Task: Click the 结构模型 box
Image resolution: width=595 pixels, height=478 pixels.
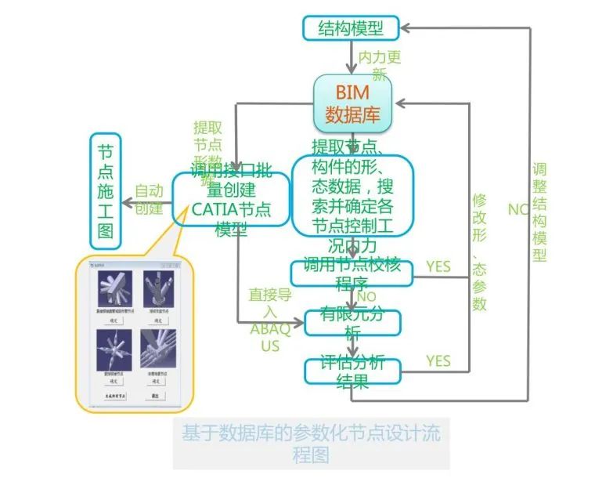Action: tap(351, 28)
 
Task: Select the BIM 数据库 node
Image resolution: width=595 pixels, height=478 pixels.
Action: tap(352, 103)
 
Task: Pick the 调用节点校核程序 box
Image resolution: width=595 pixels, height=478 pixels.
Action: tap(351, 272)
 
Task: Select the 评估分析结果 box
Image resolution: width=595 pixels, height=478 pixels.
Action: tap(352, 371)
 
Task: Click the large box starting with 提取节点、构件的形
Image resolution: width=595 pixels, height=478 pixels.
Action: tap(352, 195)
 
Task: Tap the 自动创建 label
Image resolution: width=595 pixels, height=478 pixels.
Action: tap(149, 199)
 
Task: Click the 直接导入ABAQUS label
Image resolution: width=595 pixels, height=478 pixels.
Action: tap(269, 320)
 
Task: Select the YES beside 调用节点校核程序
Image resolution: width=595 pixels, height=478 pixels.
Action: tap(438, 267)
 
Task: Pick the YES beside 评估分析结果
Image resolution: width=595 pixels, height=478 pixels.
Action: tap(438, 360)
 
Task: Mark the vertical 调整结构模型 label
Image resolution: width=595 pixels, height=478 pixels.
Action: tap(539, 212)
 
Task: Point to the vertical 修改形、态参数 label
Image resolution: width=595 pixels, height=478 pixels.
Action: tap(479, 251)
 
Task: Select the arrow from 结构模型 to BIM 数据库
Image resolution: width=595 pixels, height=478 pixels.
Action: tap(352, 56)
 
